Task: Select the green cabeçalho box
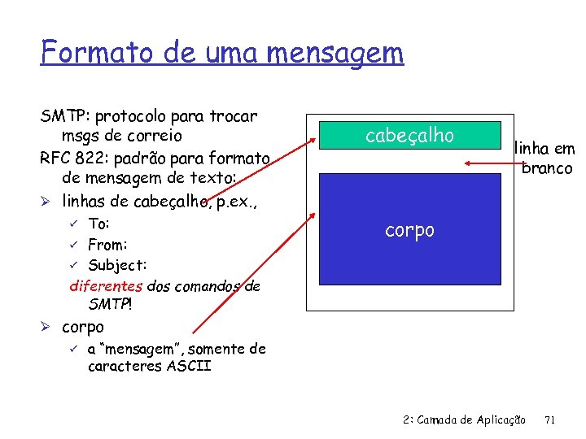point(409,135)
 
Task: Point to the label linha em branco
point(544,159)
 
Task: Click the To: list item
point(98,224)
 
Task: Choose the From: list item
point(107,245)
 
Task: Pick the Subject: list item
point(117,265)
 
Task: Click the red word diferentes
point(106,286)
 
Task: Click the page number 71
point(549,419)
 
